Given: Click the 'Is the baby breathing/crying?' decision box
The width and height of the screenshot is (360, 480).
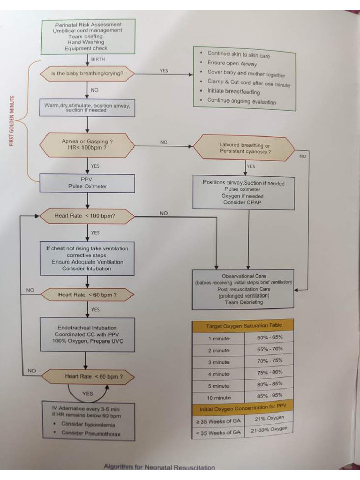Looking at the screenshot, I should click(x=87, y=74).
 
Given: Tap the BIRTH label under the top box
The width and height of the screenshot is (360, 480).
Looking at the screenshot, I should click(x=98, y=60).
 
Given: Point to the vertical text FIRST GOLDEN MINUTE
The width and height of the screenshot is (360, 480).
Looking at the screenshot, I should click(x=13, y=120).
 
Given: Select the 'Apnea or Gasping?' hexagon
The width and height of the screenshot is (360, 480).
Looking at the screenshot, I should click(x=87, y=144).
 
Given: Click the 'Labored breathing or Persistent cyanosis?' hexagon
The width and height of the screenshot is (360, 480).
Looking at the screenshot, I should click(x=244, y=149).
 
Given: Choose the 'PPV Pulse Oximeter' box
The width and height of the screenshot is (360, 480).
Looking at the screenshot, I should click(x=87, y=183).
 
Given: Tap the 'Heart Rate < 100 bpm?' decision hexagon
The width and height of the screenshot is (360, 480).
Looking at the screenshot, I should click(x=87, y=216).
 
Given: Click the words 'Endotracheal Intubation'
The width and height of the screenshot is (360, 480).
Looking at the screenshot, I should click(x=87, y=328).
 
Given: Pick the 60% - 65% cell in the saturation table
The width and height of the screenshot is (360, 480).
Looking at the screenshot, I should click(x=270, y=337).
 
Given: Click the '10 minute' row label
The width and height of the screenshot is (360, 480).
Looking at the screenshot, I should click(x=219, y=397).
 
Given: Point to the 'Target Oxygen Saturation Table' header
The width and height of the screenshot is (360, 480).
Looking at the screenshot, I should click(x=243, y=326).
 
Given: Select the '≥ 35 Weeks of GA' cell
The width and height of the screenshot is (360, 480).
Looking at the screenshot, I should click(x=218, y=421).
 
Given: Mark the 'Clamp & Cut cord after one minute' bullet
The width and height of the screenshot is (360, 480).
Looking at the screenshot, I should click(x=248, y=83).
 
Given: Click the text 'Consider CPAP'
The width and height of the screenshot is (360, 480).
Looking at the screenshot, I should click(x=243, y=202).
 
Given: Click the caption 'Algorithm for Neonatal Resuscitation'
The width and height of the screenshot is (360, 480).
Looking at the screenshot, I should click(x=159, y=467).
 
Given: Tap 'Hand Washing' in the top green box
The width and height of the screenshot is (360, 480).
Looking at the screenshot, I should click(x=88, y=42).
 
